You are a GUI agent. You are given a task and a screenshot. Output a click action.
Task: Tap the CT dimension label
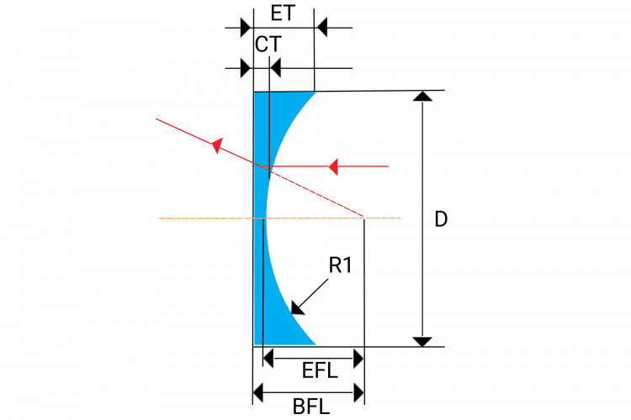tap(268, 45)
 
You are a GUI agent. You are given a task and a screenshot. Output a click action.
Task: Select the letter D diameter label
tap(441, 220)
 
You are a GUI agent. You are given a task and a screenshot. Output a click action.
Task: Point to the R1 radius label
tap(341, 266)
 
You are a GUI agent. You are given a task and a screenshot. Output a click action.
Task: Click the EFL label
tap(319, 370)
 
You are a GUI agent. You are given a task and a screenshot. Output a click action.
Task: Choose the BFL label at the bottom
tap(311, 407)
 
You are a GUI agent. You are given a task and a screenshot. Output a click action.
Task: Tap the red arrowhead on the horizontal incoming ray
tap(333, 166)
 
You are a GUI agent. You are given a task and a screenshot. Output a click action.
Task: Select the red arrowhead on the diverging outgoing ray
tap(217, 146)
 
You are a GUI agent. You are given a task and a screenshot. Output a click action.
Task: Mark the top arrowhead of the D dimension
tap(423, 97)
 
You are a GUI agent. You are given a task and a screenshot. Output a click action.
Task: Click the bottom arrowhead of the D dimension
tap(423, 340)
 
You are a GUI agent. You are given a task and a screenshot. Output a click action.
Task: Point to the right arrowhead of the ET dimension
tap(321, 28)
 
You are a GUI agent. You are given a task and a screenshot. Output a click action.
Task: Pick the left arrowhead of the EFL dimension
tap(268, 359)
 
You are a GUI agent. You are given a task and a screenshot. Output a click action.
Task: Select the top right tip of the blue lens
tap(314, 92)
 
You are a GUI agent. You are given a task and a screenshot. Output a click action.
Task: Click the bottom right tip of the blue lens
tap(314, 344)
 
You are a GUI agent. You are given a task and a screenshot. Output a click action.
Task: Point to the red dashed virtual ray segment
tap(315, 192)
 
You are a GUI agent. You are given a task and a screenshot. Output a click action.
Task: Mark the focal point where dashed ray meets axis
tap(363, 218)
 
